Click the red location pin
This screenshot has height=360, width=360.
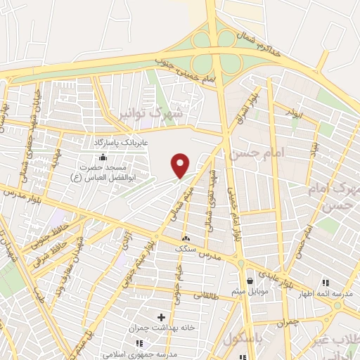(x=181, y=165)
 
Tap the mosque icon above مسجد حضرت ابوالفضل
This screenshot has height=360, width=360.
(x=103, y=157)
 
